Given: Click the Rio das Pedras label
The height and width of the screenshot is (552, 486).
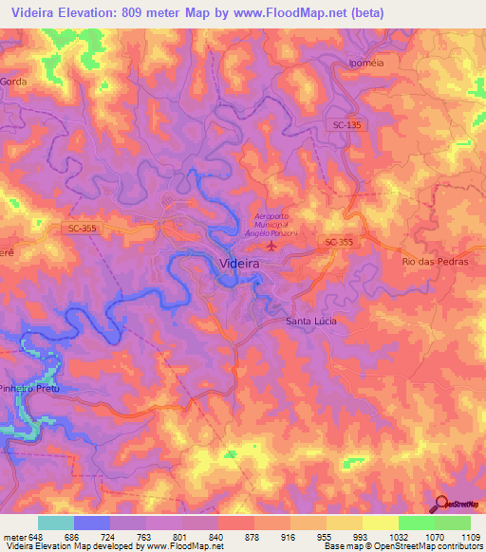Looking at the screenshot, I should coord(436,261).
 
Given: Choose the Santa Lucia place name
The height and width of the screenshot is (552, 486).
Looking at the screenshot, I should coord(310,322).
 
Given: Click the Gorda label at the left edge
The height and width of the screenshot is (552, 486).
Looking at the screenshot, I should coord(14,83).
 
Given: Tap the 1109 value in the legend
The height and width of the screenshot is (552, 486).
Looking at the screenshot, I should coord(470,536).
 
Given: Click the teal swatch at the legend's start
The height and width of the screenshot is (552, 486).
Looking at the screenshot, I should coord(56,523).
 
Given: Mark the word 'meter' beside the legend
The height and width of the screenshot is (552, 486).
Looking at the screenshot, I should coord(14,536).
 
